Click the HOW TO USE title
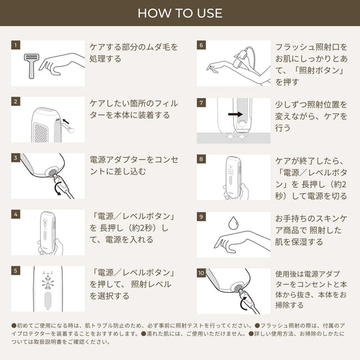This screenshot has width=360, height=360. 180,13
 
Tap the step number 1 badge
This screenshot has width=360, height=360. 15,45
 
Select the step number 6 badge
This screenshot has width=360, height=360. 201,45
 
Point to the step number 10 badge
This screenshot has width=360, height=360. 201,273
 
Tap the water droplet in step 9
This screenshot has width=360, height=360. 233,223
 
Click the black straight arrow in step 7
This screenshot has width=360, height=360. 235,114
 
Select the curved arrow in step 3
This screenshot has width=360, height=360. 58,189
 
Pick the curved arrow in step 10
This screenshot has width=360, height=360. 244,303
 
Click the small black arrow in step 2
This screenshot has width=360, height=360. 65,121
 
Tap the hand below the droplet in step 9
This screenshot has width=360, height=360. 242,242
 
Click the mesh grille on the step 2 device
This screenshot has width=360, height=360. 41,133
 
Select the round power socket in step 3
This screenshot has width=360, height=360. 52,172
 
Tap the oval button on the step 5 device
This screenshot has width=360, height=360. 48,300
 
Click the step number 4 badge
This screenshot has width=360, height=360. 15,214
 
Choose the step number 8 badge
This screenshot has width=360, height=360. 201,159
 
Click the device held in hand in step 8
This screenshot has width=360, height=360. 233,176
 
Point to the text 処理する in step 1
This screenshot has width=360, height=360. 105,59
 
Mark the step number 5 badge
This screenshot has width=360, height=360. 15,271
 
